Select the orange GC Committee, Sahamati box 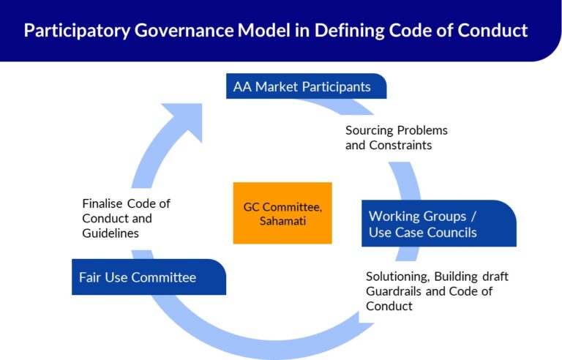[282, 213]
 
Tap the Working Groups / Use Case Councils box [438, 224]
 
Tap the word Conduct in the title [493, 31]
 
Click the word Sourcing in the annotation [370, 130]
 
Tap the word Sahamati [282, 220]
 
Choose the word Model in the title [262, 31]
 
